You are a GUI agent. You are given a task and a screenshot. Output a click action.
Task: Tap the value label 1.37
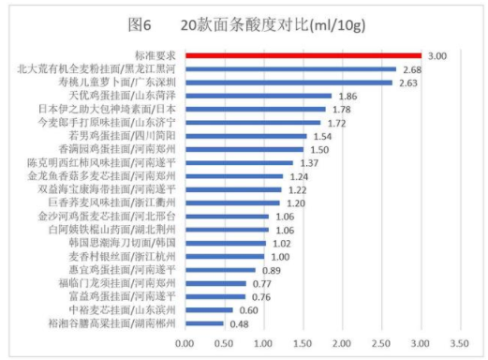coord(309,163)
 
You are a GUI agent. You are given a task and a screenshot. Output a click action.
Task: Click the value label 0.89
coord(272,270)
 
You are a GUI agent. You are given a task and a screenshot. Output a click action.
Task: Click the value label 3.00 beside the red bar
coord(436,56)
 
